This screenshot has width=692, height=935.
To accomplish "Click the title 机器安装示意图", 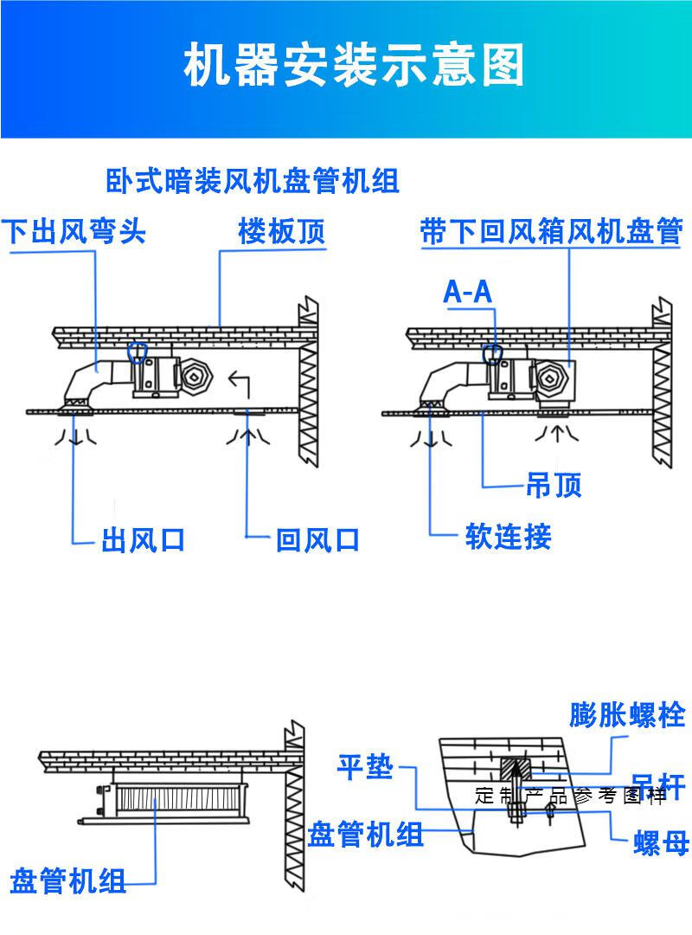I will [354, 68].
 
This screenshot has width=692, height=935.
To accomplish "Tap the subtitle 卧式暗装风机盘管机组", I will [253, 183].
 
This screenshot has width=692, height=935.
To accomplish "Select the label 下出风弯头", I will [73, 232].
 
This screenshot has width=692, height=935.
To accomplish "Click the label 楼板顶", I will [282, 232].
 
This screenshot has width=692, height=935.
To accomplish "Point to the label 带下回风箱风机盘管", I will [551, 232].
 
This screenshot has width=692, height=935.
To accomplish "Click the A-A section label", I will [467, 292].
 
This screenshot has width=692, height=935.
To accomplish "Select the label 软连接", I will [508, 537].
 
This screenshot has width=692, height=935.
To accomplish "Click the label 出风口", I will [144, 540].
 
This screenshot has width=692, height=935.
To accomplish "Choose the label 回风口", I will [317, 540].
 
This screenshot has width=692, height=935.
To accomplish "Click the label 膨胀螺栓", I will [627, 715].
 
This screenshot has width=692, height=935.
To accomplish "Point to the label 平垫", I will [365, 766].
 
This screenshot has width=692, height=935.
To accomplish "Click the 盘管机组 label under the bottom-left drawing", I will [68, 882].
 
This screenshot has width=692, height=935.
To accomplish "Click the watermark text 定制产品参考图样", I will [571, 796].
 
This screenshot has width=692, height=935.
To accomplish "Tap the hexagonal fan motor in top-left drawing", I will [195, 374].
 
